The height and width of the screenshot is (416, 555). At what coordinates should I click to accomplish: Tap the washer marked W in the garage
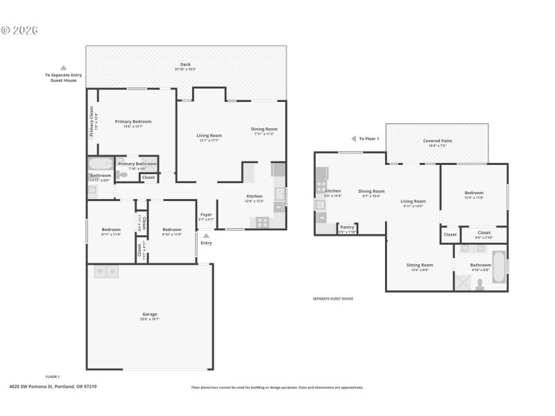tap(100, 271)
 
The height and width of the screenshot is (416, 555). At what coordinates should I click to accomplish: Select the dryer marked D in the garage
tap(112, 271)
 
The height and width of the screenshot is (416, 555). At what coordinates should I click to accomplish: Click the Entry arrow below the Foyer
tap(205, 236)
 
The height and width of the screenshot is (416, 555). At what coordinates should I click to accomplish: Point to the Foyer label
tap(206, 215)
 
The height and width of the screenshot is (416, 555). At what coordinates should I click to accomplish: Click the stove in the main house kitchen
tap(263, 222)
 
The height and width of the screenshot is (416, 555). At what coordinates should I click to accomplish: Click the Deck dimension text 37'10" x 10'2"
tap(185, 69)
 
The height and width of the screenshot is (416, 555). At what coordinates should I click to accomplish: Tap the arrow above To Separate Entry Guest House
tap(63, 68)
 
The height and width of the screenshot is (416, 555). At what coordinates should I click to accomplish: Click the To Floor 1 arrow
tap(353, 139)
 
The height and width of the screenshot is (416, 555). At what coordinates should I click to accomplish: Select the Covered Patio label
tap(437, 141)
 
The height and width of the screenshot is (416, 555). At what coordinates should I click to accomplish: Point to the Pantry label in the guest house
tap(347, 227)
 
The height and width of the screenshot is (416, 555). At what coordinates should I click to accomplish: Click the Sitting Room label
tap(419, 265)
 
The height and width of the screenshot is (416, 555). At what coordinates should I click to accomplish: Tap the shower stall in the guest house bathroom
tap(462, 282)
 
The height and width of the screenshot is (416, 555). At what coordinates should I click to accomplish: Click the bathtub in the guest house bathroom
tap(499, 267)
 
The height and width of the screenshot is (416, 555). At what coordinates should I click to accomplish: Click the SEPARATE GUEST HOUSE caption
tap(333, 299)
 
